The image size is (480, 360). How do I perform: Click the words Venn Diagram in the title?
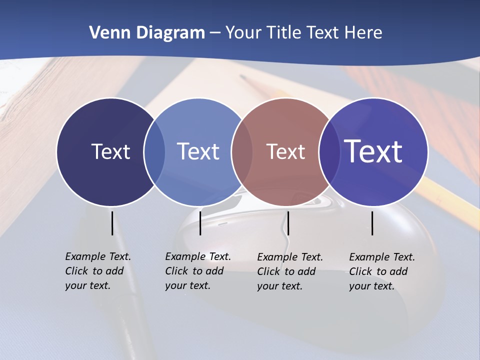(146, 33)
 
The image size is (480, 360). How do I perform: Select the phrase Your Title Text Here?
(303, 33)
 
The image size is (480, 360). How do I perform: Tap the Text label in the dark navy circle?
(110, 151)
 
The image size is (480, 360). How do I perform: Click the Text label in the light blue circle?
(198, 151)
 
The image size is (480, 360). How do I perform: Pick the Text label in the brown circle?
(285, 151)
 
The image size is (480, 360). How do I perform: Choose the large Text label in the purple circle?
(373, 151)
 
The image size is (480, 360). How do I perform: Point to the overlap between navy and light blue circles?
(154, 152)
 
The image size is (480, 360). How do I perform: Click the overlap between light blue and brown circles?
(242, 152)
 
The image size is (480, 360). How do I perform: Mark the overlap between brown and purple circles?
(329, 152)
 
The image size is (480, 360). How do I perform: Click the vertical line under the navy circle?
(112, 223)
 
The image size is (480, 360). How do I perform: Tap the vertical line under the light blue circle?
(200, 223)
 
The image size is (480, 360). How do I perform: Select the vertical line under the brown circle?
(288, 223)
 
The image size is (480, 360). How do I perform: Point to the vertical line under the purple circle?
(372, 223)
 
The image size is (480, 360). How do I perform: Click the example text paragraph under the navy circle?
(97, 271)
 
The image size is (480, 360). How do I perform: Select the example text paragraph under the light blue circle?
(197, 271)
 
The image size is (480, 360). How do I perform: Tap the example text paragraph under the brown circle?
(289, 271)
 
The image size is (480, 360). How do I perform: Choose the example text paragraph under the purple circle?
(381, 271)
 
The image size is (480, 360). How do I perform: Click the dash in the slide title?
(215, 33)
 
